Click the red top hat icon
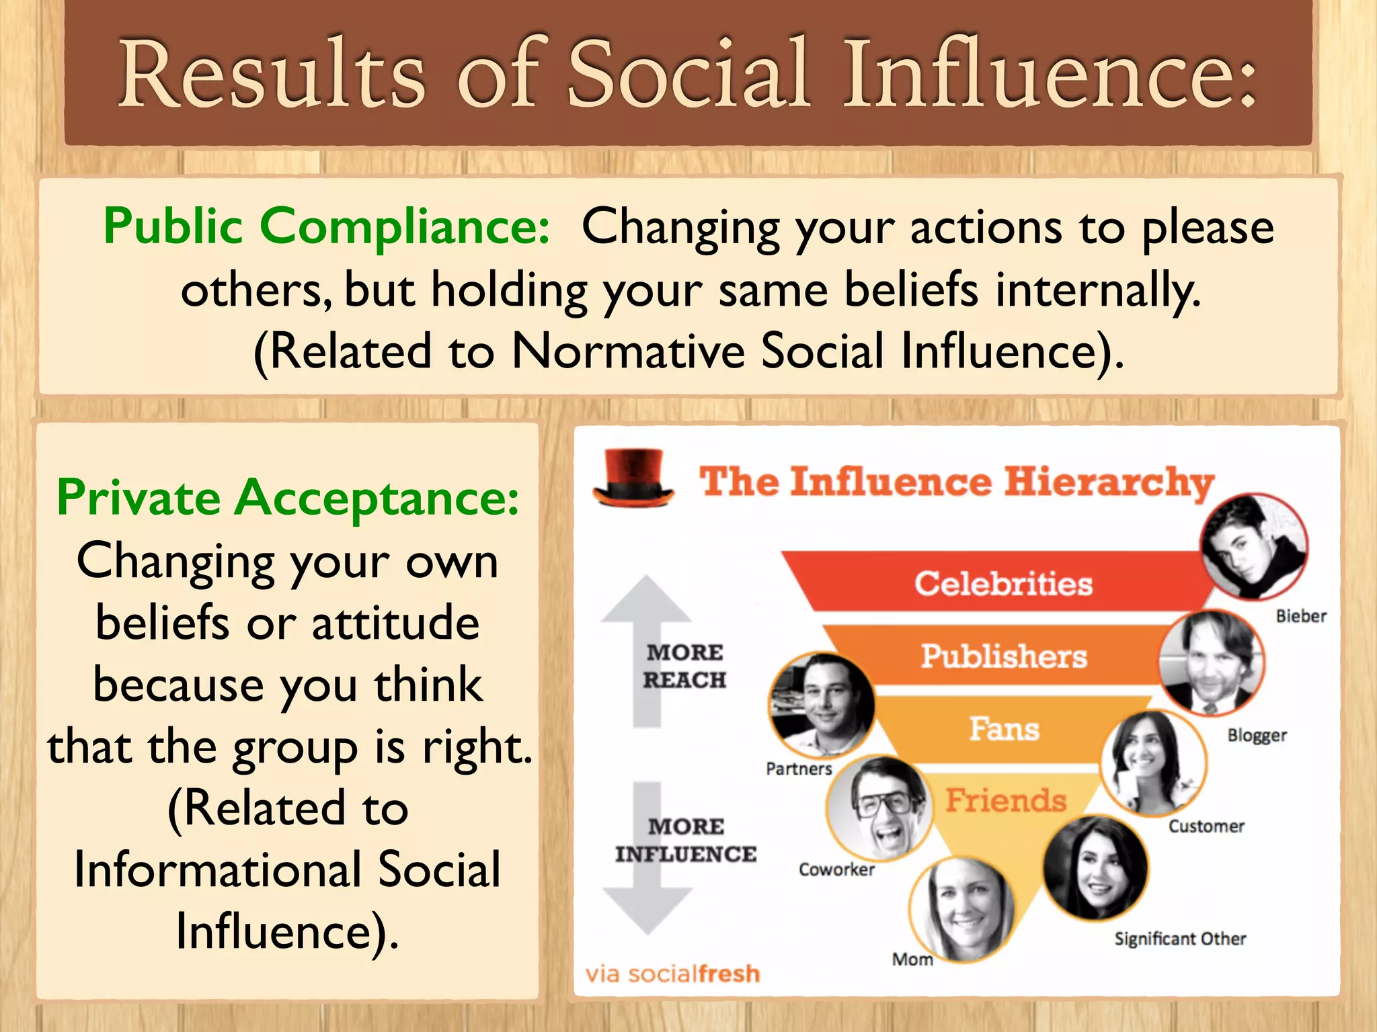[633, 478]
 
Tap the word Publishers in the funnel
[1003, 656]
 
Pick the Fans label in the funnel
[1004, 729]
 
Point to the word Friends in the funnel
[1005, 800]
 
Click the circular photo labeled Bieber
[1254, 546]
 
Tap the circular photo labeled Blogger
[1211, 662]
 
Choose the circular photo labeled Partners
[821, 705]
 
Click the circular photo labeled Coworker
[879, 808]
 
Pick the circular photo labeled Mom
[961, 908]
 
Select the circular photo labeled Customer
[1153, 763]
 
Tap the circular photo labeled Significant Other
[1095, 868]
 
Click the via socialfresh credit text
[672, 974]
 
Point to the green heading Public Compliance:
[327, 226]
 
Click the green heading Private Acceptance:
[288, 498]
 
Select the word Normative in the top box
[628, 351]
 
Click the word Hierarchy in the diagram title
[1109, 482]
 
